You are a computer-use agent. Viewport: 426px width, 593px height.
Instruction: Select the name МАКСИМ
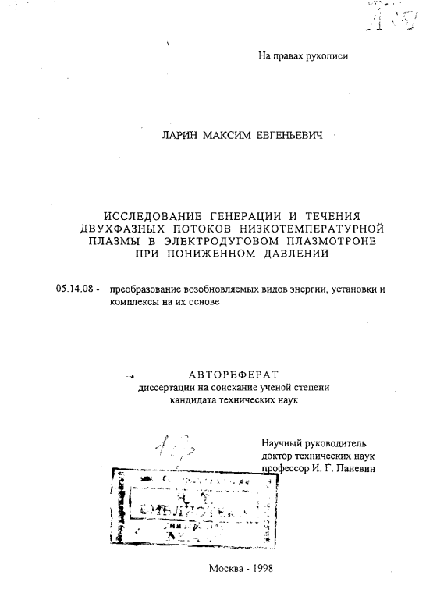pos(227,137)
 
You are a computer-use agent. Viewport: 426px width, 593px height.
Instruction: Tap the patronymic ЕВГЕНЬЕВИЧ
pos(290,137)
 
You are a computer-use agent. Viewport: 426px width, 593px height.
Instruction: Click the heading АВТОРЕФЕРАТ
pos(233,374)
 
